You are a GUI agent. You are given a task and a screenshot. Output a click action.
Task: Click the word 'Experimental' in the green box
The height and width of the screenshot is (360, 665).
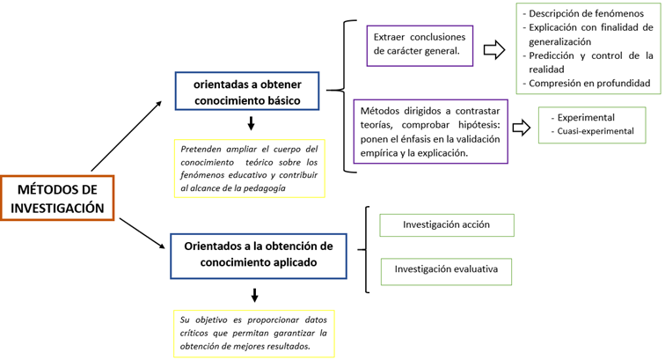(x=586, y=118)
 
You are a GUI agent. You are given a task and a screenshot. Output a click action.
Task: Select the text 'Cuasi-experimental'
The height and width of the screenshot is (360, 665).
(x=596, y=131)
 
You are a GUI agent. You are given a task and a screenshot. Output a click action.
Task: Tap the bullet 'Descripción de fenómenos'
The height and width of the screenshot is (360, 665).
(x=586, y=13)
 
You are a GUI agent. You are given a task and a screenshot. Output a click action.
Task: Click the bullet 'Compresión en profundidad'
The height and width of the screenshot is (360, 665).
(x=587, y=84)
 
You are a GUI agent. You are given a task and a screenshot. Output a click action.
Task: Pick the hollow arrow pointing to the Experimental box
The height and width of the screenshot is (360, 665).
(x=522, y=128)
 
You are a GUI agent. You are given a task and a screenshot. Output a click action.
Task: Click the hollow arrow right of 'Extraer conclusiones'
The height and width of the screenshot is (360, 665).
(x=494, y=50)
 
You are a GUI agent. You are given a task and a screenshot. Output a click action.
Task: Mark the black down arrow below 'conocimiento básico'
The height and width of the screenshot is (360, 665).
(x=251, y=123)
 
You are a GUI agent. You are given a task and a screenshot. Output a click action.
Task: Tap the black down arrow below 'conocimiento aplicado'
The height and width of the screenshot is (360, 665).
(x=254, y=295)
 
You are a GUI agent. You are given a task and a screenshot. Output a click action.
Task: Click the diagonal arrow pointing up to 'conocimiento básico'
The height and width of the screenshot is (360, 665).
(x=127, y=136)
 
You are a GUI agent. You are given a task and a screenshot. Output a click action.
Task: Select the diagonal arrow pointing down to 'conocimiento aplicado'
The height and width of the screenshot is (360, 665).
(x=142, y=233)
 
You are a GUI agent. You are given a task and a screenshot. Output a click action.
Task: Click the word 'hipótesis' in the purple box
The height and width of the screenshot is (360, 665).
(x=479, y=125)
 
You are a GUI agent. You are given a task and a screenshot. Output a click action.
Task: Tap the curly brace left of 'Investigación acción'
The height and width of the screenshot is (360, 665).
(x=366, y=250)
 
